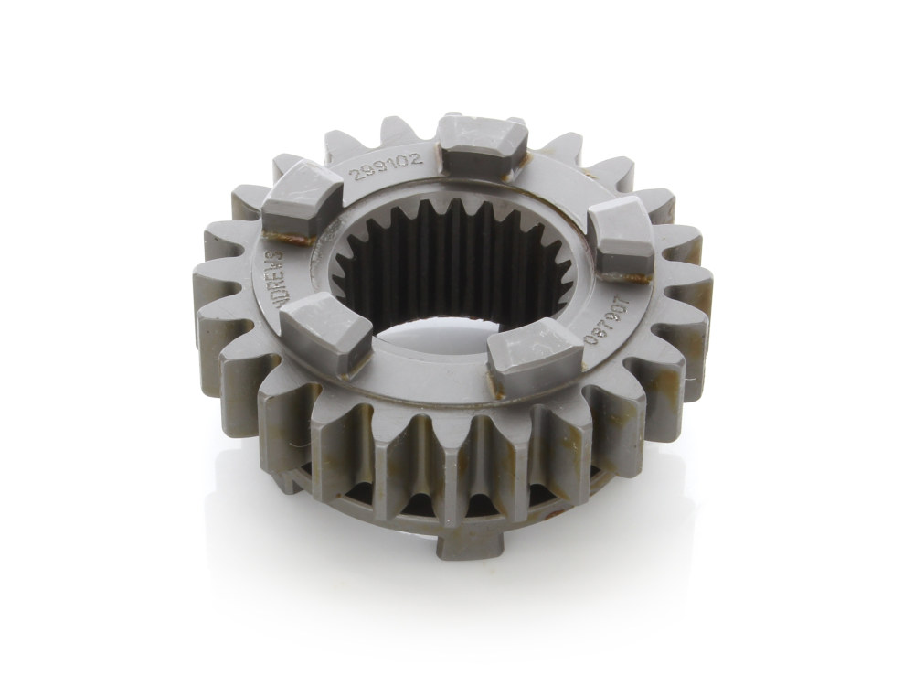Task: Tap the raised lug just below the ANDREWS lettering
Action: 314,333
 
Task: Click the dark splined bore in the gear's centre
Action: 457,265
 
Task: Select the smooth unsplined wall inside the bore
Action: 457,348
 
